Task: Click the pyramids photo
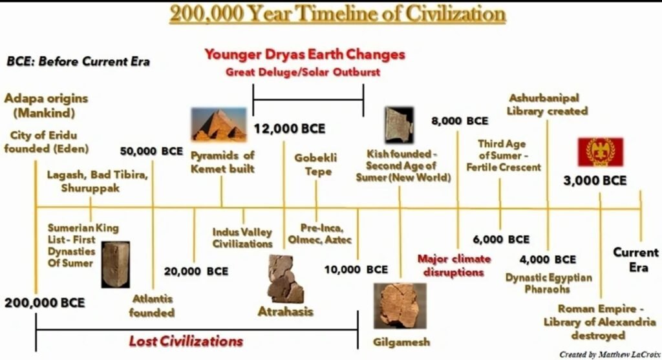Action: point(219,124)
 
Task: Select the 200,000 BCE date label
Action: point(45,302)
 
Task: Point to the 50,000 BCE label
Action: point(152,151)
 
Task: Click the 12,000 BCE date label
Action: point(289,128)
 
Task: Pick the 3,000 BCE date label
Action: point(595,181)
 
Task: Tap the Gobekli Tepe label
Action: point(316,164)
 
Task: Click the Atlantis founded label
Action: point(152,306)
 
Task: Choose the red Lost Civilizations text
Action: point(186,341)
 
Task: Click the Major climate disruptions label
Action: point(454,266)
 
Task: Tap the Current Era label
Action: point(635,259)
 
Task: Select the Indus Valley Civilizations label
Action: point(242,238)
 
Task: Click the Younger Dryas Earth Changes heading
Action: point(304,54)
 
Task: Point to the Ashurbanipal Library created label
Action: point(547,104)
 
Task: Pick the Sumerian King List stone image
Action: point(115,264)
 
